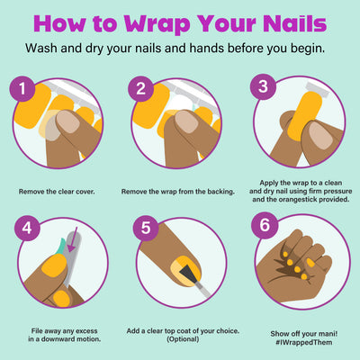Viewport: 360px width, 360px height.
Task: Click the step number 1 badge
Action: [x=22, y=88]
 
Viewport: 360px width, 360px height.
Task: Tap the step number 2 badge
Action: [x=141, y=88]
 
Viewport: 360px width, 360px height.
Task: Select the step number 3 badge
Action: [x=263, y=86]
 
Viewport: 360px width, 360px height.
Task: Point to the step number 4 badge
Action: [x=27, y=229]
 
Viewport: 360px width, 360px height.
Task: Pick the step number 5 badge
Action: [x=146, y=228]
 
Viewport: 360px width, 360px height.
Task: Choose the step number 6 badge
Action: [x=265, y=225]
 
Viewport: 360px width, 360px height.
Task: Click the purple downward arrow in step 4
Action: [x=73, y=239]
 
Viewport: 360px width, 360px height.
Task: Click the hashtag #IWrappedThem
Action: [x=303, y=342]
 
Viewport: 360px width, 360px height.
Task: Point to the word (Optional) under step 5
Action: [x=183, y=339]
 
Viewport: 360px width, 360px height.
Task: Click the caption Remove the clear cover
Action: [x=57, y=192]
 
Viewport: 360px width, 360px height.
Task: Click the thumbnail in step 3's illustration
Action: [x=321, y=136]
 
